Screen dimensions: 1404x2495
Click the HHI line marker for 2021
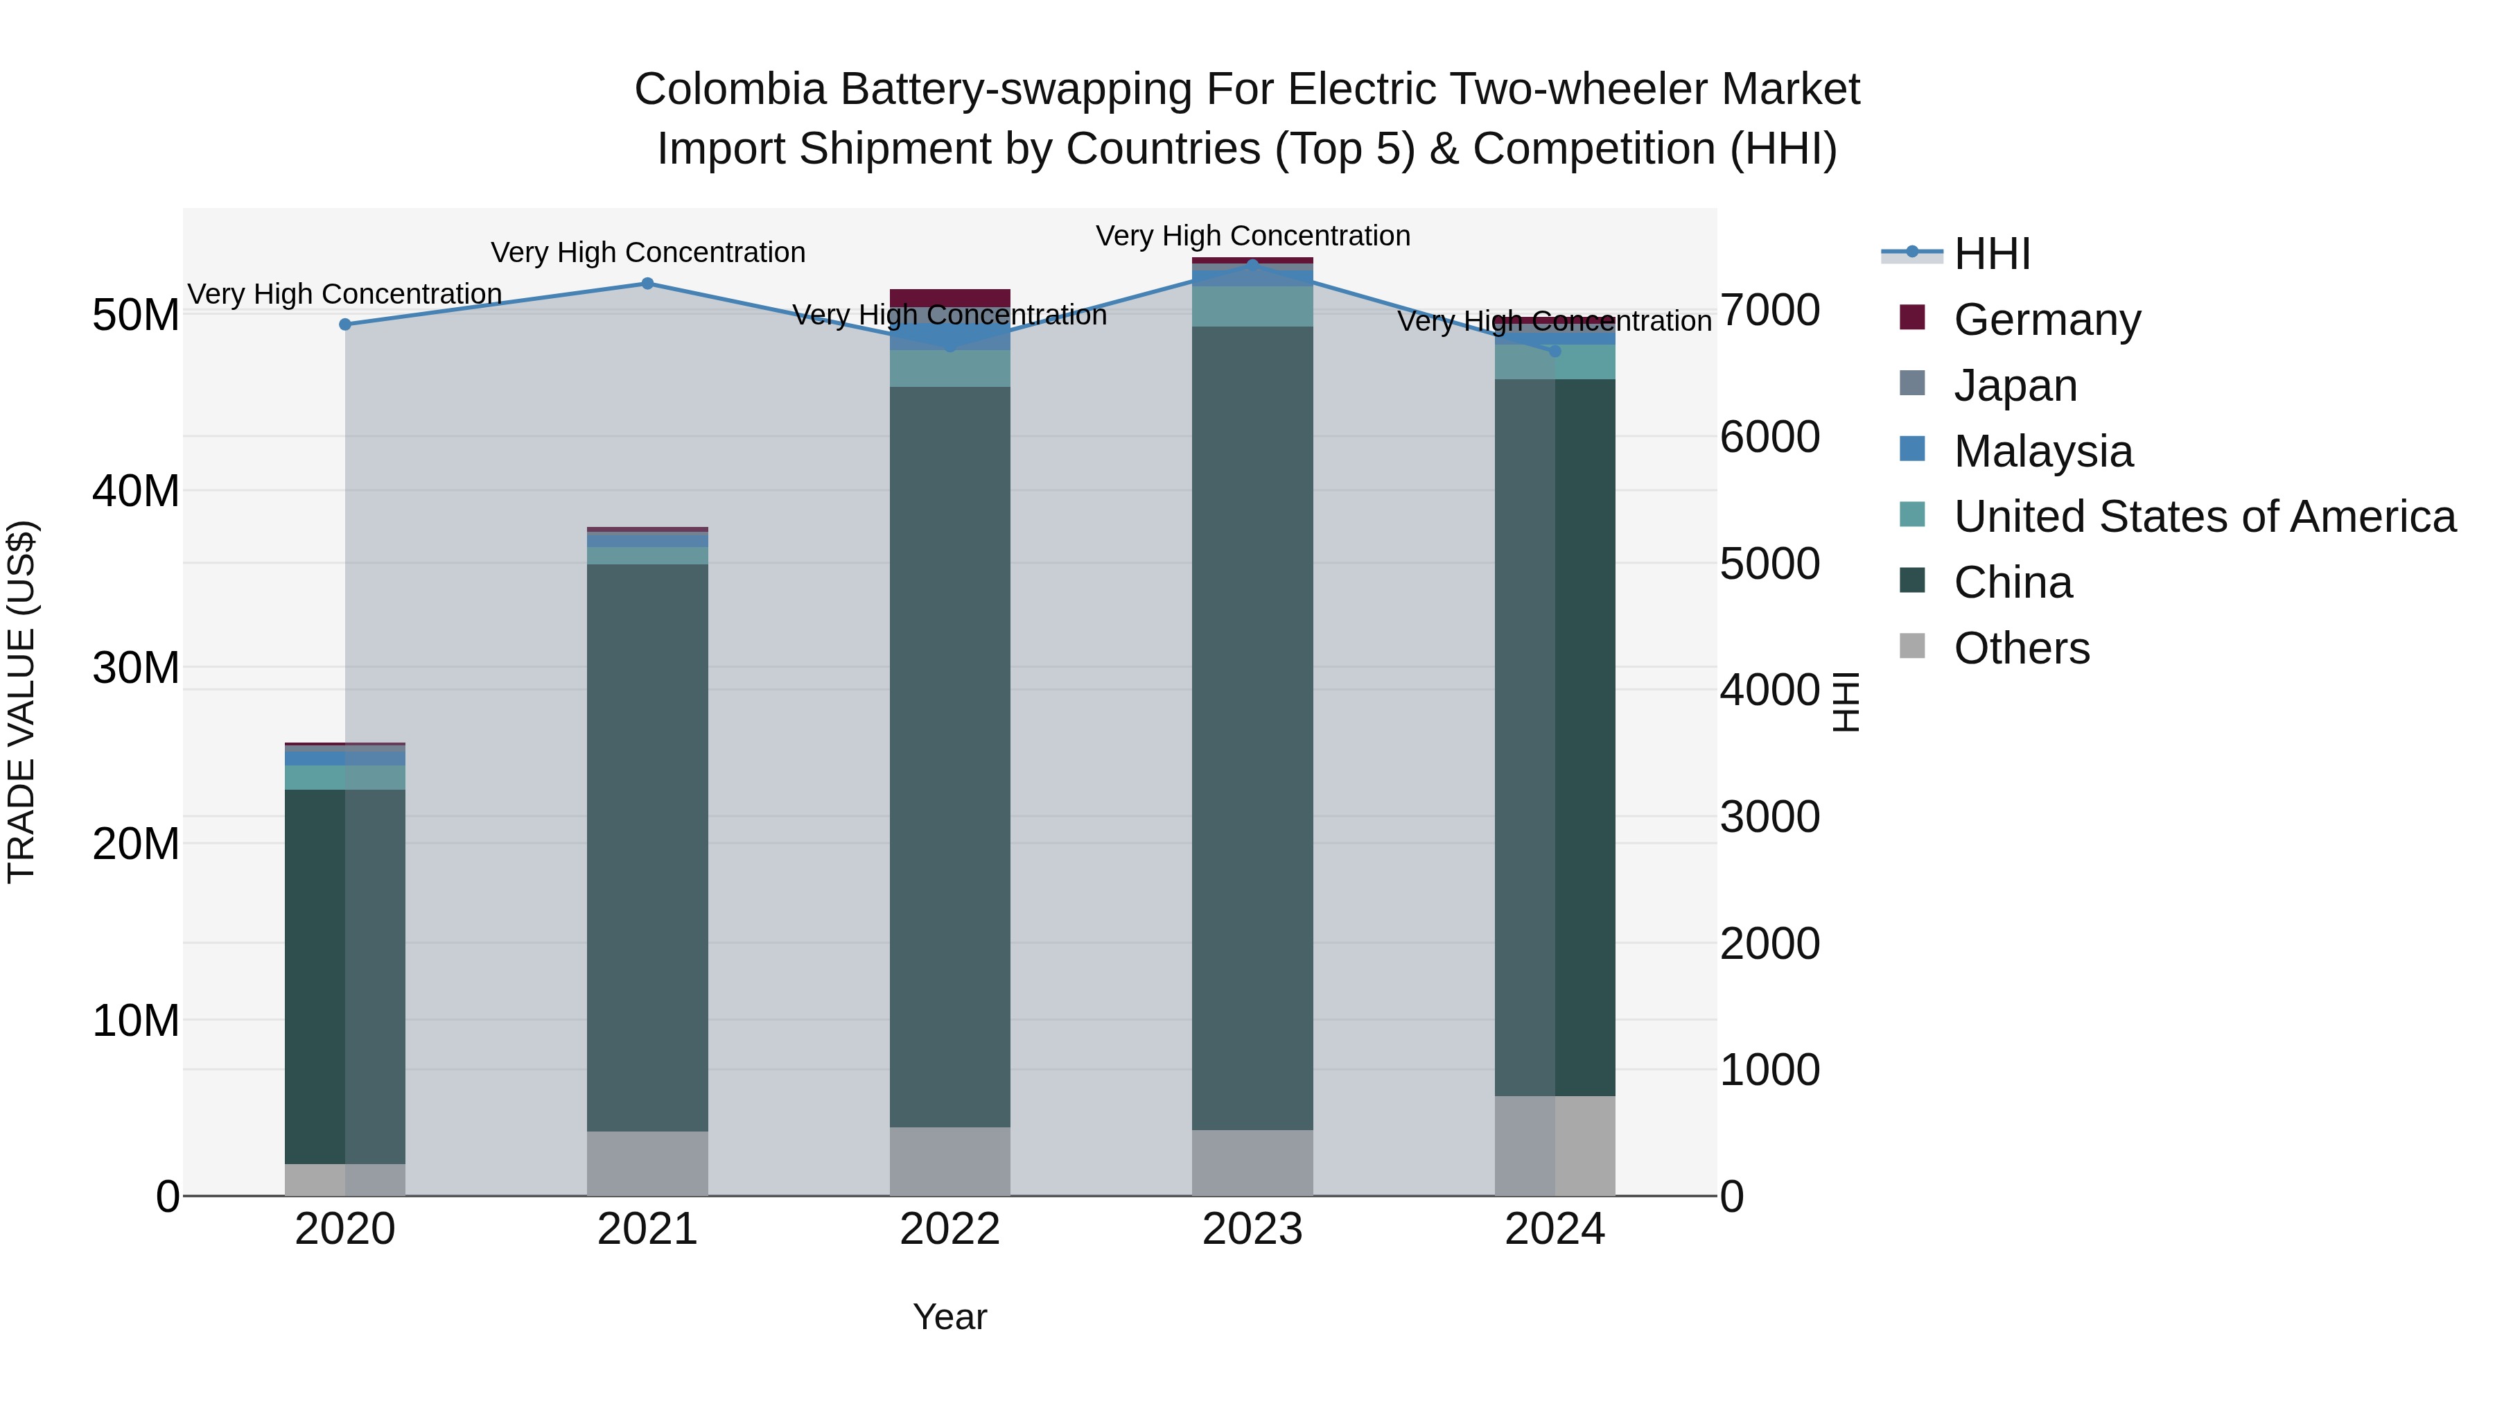648,284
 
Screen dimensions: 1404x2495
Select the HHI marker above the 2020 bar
345,324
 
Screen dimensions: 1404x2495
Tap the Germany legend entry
2046,320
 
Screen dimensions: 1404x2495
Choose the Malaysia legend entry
2042,451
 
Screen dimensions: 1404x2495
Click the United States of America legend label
2205,517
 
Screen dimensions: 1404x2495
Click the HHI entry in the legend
1991,254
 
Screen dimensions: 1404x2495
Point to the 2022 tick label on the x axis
949,1229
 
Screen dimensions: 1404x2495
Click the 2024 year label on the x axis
1555,1229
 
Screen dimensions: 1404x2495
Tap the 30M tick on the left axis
136,668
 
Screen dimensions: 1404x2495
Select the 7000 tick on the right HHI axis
1769,311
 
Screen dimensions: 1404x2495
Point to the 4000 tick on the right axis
1769,691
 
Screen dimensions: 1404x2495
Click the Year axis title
949,1317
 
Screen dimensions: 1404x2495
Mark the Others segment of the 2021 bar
647,1163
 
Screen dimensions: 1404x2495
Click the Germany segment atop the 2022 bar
949,297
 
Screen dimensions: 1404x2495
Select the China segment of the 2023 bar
1252,727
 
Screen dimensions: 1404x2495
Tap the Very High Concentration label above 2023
1252,236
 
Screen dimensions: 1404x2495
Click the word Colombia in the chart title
731,89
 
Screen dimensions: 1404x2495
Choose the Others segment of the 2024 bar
1555,1145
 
